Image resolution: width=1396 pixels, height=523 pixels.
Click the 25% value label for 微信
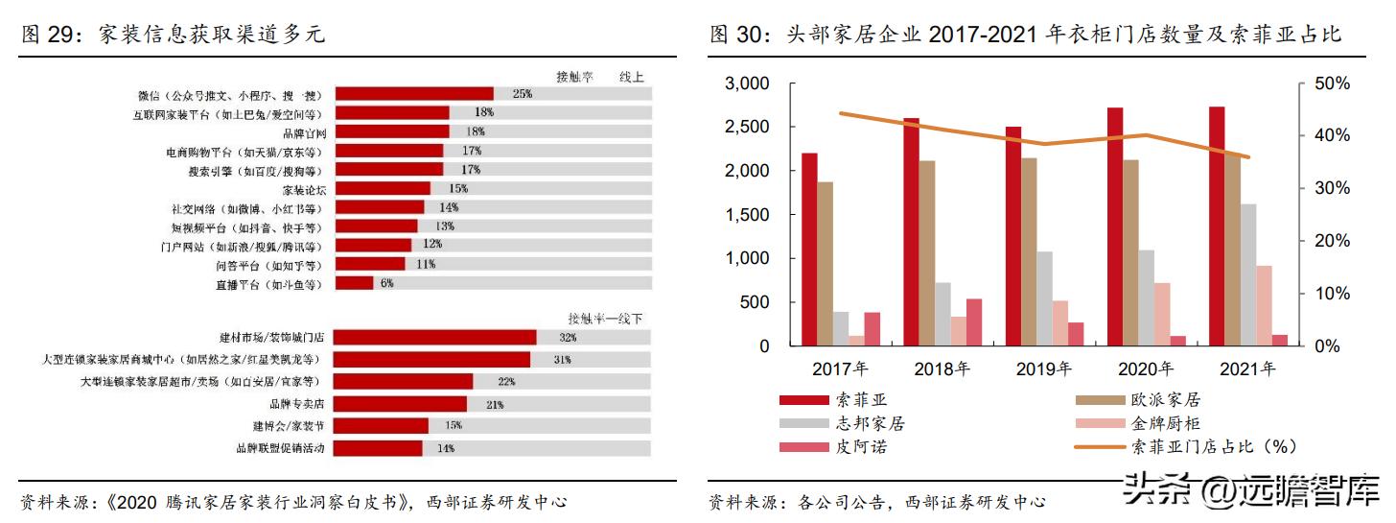point(523,94)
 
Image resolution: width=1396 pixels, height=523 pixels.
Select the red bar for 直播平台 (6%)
point(353,283)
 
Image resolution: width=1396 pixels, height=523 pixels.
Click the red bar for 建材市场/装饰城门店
point(434,337)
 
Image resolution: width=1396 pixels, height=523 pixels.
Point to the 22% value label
point(506,382)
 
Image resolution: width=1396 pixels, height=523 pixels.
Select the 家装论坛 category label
point(303,189)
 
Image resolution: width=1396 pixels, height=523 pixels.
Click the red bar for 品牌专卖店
point(400,404)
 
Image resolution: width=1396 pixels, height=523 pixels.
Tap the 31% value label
point(562,360)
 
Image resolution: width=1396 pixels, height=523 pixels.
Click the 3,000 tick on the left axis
point(748,84)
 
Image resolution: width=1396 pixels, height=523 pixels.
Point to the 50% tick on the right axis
point(1331,84)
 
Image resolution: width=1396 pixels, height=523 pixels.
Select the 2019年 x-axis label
point(1044,368)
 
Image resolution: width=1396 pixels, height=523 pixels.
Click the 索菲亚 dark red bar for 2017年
point(810,250)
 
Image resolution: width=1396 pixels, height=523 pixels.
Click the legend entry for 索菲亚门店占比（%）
point(1214,447)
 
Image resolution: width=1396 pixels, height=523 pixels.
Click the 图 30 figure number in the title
point(733,36)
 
